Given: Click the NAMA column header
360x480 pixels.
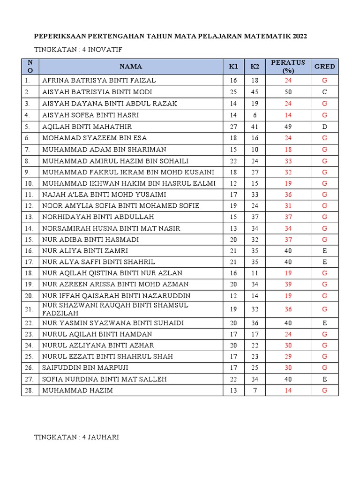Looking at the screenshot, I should [x=130, y=67].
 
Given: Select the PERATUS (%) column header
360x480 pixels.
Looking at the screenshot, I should [x=288, y=67].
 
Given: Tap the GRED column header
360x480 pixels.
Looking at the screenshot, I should [x=324, y=67].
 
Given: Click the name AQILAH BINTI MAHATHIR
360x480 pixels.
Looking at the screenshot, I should [x=87, y=127].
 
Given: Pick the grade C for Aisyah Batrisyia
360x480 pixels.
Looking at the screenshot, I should [x=324, y=92].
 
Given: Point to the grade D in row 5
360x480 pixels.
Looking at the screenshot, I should [x=324, y=127].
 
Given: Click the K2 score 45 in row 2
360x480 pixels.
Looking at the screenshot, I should [x=255, y=92].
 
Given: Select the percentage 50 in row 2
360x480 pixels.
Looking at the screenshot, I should [x=288, y=92].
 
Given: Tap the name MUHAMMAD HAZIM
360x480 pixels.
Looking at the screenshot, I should [x=77, y=390].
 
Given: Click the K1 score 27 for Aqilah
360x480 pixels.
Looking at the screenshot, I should [x=233, y=127].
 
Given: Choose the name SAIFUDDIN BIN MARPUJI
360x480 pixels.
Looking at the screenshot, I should [x=85, y=367].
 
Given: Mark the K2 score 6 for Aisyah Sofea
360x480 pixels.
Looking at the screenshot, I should [x=255, y=115].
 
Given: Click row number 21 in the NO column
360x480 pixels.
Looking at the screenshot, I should [x=29, y=309].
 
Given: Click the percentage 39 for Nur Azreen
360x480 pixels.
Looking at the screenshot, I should [x=288, y=285].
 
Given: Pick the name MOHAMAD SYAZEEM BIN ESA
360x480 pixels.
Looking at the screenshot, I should [x=95, y=138].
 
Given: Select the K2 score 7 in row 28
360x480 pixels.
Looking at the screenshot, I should [x=255, y=390].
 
